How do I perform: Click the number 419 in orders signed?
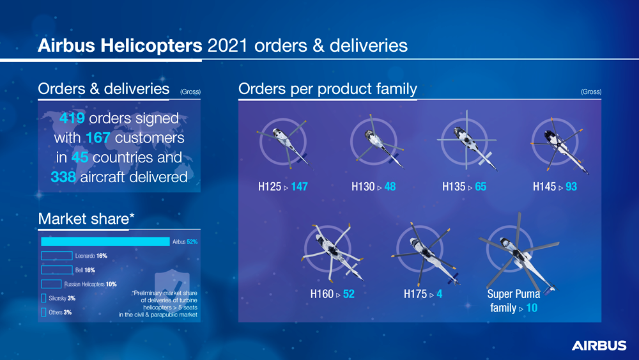point(72,118)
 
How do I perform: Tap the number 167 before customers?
point(98,138)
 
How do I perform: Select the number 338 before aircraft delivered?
point(63,177)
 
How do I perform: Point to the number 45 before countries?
point(80,157)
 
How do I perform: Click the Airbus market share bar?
point(105,242)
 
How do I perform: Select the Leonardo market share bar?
point(57,256)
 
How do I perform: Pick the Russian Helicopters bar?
point(51,284)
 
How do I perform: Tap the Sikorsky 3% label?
point(62,299)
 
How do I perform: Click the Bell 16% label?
point(85,270)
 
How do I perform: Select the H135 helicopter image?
point(467,140)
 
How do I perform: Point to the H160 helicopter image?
point(332,253)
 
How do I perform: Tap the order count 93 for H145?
point(571,187)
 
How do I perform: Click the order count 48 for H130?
point(390,187)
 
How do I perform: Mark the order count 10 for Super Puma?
point(532,308)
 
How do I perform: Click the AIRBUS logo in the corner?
point(599,346)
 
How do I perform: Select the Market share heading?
point(86,219)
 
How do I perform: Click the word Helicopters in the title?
point(151,45)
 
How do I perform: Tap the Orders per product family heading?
point(328,89)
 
